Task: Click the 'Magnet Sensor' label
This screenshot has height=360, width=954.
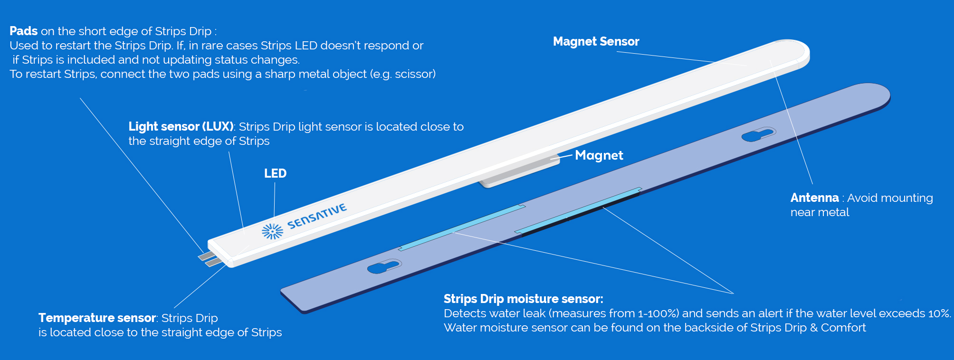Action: coord(596,42)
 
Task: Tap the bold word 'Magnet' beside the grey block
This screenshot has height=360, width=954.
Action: coord(599,155)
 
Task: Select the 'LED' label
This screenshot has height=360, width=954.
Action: coord(275,173)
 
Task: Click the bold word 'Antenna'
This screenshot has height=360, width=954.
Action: coord(814,198)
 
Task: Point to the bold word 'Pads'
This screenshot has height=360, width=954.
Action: coord(23,31)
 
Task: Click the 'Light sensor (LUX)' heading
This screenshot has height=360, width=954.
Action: coord(181,127)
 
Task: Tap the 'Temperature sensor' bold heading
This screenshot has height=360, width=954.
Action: coord(97,318)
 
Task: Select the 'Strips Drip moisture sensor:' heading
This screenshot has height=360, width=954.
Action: coord(523,299)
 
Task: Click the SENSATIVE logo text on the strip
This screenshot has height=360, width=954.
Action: coord(317,216)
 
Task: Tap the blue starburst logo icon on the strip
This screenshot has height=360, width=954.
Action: coord(272,231)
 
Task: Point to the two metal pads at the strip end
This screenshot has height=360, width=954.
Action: coord(210,259)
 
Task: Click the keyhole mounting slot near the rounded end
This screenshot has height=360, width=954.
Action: coord(758,134)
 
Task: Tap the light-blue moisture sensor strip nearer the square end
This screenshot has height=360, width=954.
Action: coord(461,227)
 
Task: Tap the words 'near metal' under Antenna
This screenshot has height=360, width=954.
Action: coord(820,212)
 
